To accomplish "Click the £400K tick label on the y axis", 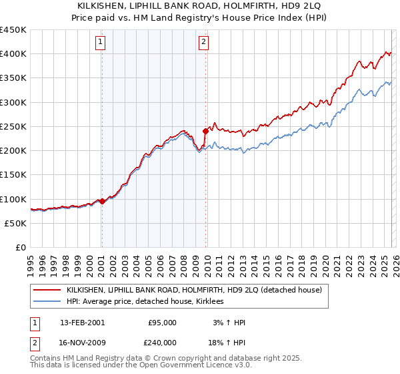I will click(x=13, y=54).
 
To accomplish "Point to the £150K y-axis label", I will click(x=13, y=175).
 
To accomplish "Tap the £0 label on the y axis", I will click(x=20, y=248).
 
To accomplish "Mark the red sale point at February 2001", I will click(x=102, y=201).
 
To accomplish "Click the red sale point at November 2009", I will click(x=205, y=131).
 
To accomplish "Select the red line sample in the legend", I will click(x=47, y=290).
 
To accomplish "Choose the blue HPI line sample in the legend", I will click(x=47, y=302).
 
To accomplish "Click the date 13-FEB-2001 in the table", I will click(x=83, y=323).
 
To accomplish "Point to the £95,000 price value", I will click(x=162, y=323).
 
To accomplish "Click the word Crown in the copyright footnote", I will click(x=148, y=359).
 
